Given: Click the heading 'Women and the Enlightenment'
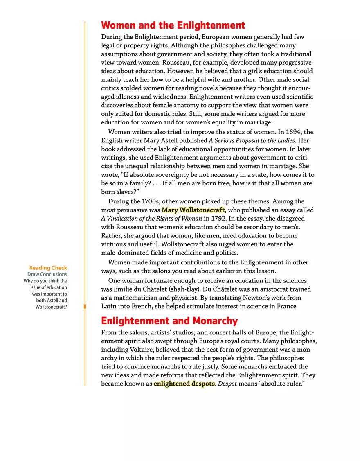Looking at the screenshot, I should [x=173, y=25].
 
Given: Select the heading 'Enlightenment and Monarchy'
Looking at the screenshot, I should [x=169, y=321].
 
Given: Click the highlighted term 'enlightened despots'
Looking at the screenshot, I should [x=184, y=384].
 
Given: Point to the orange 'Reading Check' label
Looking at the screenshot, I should [x=48, y=268].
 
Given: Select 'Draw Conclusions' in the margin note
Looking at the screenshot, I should [x=47, y=274].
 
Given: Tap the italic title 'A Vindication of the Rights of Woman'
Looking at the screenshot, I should [x=151, y=219].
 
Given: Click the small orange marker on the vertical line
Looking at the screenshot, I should [x=85, y=306].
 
